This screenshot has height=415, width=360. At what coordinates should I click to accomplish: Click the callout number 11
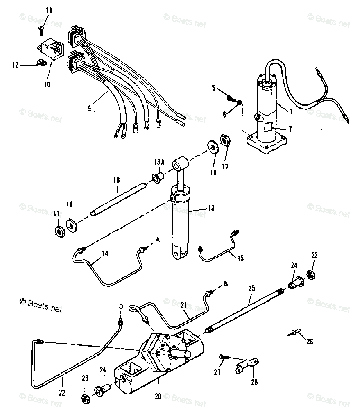click(x=49, y=10)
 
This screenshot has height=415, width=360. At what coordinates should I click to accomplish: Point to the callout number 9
click(x=89, y=108)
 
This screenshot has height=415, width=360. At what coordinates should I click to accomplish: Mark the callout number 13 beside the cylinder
click(x=211, y=208)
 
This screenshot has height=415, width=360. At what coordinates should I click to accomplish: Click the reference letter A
click(x=158, y=239)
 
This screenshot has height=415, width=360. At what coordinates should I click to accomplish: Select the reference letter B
click(x=225, y=284)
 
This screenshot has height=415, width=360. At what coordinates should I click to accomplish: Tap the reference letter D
click(x=121, y=306)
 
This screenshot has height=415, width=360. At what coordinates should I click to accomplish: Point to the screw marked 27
click(x=223, y=357)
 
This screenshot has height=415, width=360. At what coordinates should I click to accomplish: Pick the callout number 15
click(x=240, y=258)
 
